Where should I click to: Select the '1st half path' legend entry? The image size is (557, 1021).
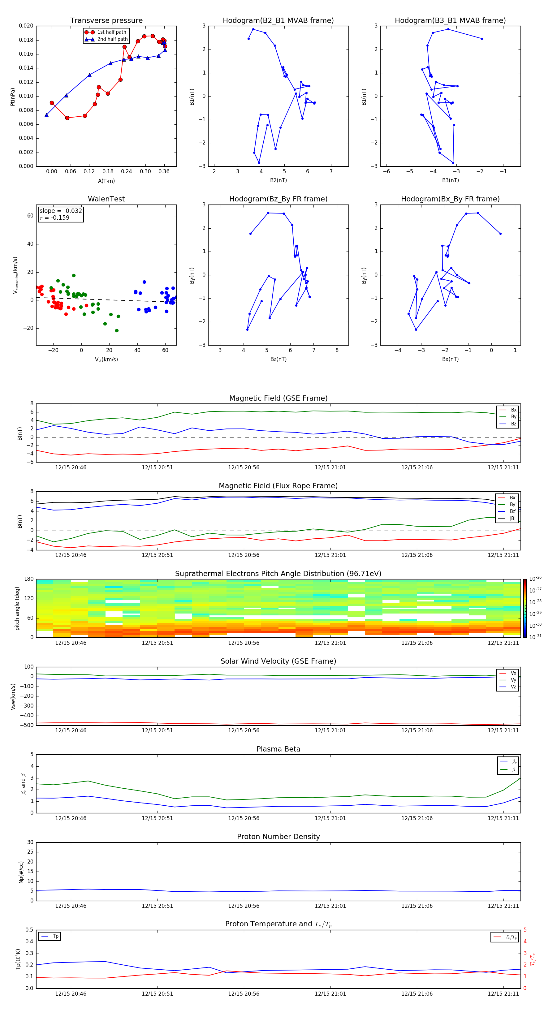(x=111, y=32)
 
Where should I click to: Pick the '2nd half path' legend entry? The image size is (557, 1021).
(x=112, y=39)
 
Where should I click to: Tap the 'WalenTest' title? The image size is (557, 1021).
(x=106, y=199)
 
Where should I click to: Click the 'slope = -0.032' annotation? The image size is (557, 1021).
(x=61, y=211)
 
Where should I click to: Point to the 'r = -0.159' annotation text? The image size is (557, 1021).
(x=55, y=218)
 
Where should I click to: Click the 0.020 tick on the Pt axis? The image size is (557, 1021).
(x=26, y=26)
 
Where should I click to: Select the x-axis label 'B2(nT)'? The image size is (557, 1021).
(x=278, y=180)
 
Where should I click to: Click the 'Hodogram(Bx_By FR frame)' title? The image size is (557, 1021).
(x=450, y=199)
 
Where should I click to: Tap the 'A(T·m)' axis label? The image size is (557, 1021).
(x=106, y=181)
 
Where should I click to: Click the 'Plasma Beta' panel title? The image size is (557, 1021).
(x=278, y=749)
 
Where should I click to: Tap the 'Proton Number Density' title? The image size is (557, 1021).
(x=278, y=836)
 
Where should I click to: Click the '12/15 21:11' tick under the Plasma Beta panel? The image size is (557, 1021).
(x=503, y=818)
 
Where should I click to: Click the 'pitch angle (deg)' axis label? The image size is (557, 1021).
(x=17, y=608)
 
